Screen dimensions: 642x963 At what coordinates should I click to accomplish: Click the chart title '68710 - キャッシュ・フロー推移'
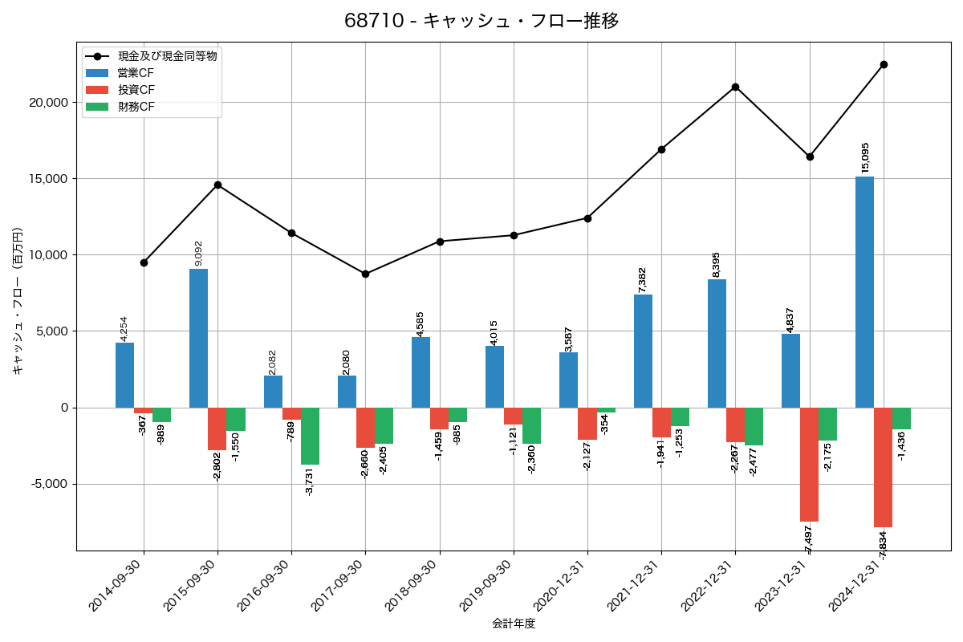[481, 21]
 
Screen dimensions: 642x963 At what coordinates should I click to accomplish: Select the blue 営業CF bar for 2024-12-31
[864, 292]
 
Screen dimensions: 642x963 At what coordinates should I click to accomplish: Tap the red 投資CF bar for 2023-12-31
[809, 465]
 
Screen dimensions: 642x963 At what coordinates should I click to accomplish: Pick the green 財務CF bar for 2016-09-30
[310, 436]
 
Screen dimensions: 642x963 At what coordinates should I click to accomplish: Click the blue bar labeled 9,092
[199, 338]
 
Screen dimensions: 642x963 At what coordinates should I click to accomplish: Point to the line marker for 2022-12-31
[735, 87]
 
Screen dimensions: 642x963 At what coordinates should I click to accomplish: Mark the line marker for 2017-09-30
[365, 274]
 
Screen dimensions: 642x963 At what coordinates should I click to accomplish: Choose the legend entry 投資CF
[136, 90]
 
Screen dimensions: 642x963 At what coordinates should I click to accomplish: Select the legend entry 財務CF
[136, 107]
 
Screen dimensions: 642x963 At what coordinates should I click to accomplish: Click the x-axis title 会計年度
[514, 624]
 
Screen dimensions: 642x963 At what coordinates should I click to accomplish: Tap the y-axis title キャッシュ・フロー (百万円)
[18, 301]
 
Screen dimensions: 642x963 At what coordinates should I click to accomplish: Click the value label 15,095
[865, 157]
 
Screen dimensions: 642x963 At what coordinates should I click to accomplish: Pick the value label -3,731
[310, 481]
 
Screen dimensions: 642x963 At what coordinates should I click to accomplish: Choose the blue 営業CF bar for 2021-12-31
[643, 351]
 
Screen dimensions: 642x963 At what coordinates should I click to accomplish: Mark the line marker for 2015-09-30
[217, 185]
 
